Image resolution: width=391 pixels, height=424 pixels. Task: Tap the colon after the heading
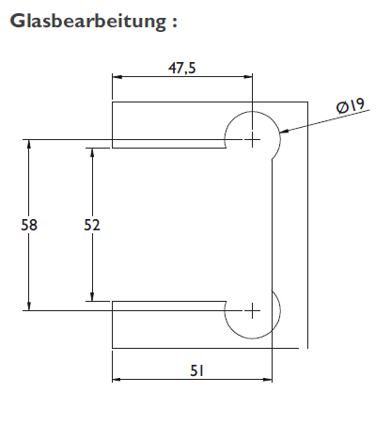(x=173, y=22)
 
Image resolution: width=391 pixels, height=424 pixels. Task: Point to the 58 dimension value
(x=29, y=225)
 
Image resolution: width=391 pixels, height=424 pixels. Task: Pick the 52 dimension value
(x=92, y=225)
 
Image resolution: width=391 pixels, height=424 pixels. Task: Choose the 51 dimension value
(x=195, y=370)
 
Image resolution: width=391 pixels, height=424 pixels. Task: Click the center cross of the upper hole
(x=251, y=138)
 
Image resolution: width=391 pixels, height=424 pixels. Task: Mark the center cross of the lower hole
(x=251, y=309)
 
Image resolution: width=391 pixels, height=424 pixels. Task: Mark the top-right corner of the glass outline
(x=305, y=102)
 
